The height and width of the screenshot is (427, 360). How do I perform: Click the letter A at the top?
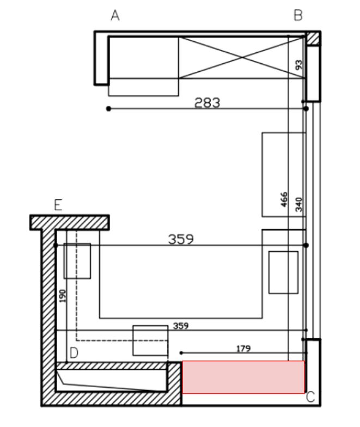pos(115,15)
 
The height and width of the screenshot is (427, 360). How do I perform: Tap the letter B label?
pos(298,15)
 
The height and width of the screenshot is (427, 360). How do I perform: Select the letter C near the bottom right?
pos(310,397)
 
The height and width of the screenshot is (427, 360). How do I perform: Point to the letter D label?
pos(74,353)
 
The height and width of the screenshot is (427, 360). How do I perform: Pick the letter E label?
pos(58,205)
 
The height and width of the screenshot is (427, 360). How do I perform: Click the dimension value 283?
pos(207,102)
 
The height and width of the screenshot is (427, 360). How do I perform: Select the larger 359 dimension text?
pos(181,239)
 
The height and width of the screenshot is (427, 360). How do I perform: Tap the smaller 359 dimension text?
pos(181,326)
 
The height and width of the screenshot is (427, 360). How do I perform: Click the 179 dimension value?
pos(243,349)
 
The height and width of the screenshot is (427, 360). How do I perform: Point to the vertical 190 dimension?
pos(63,296)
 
